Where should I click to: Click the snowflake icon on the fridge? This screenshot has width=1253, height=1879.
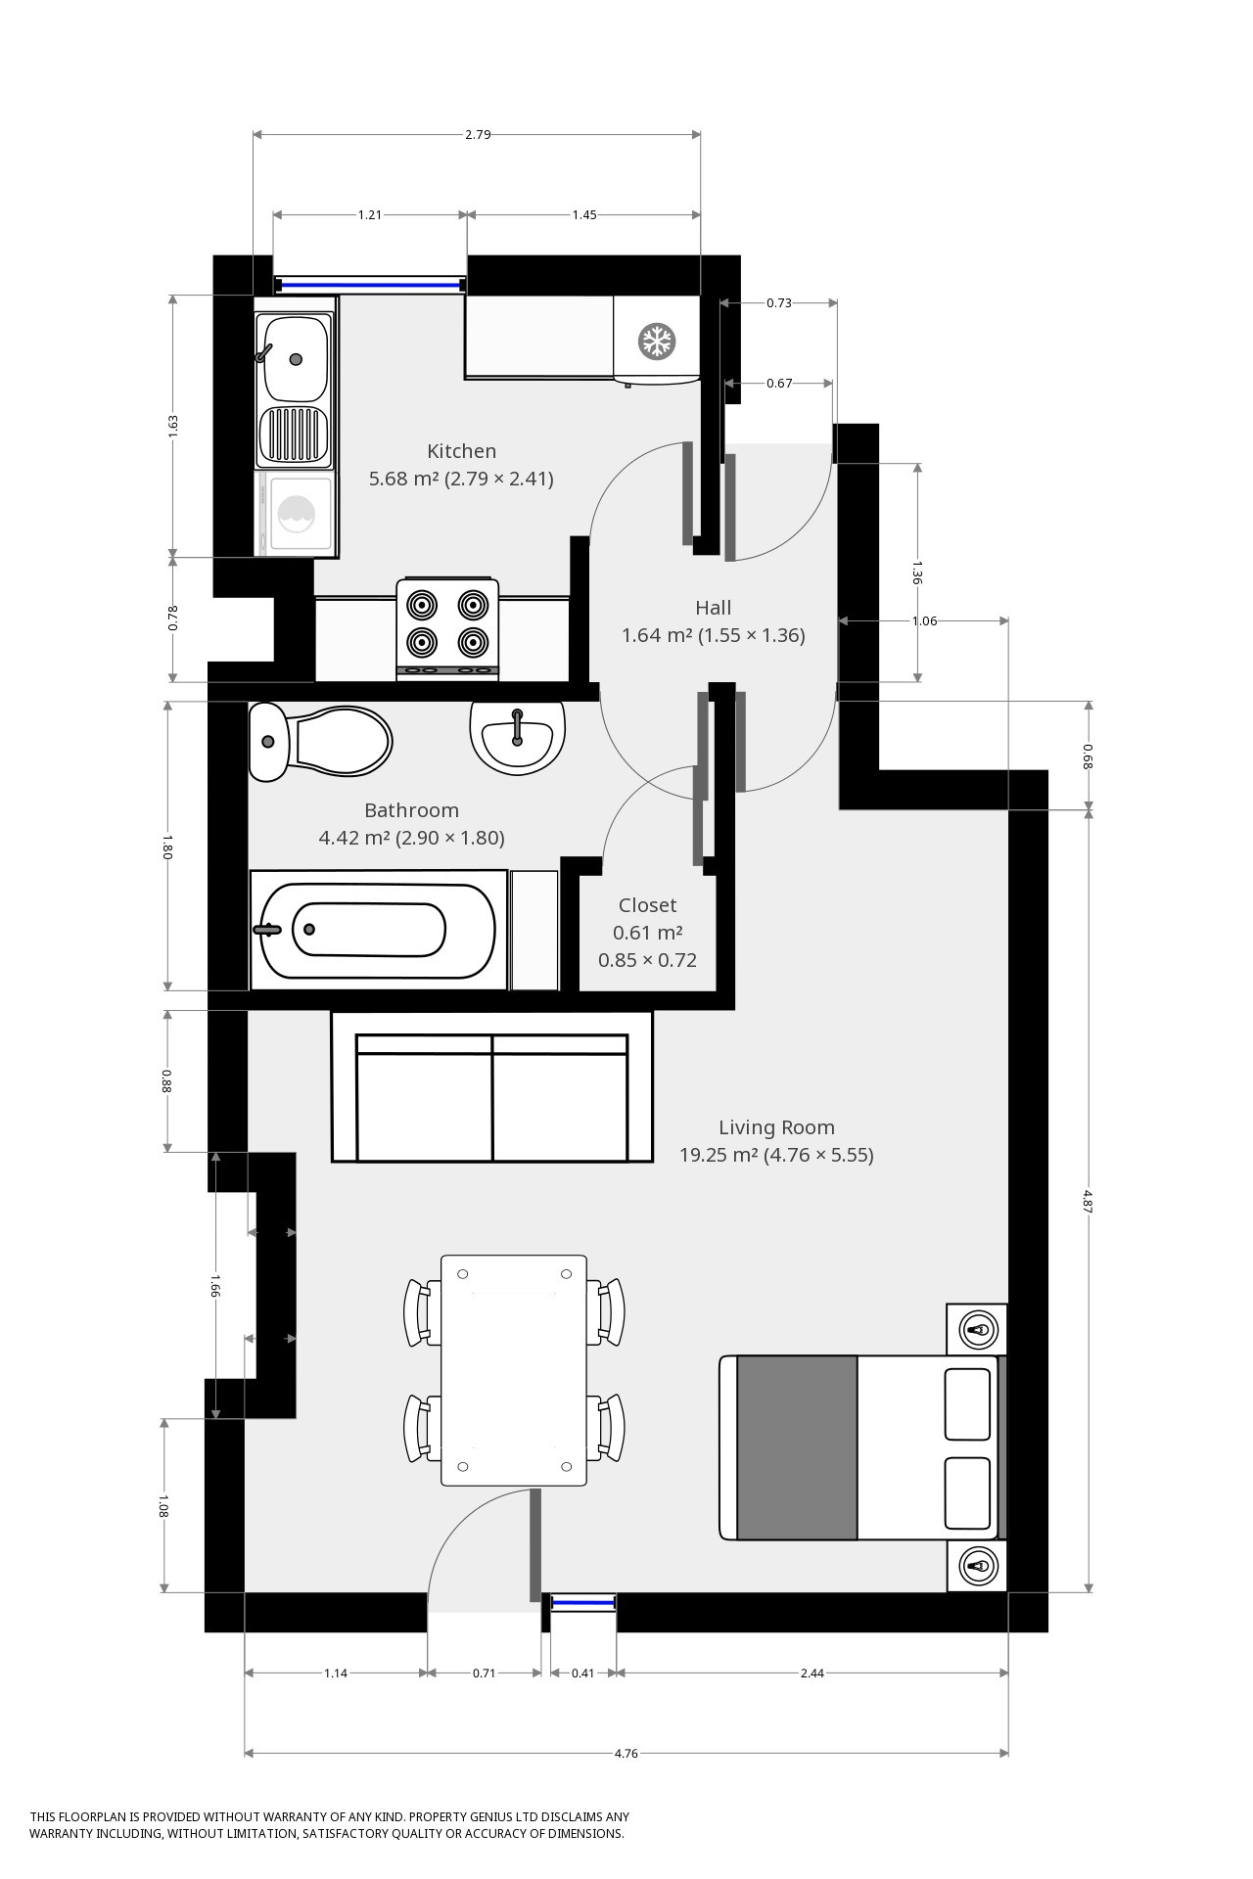tap(657, 342)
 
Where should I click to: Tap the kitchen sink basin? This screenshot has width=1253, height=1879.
tap(296, 358)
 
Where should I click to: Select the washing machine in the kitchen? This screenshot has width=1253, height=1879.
tap(296, 515)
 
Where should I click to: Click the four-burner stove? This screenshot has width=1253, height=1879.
tap(447, 629)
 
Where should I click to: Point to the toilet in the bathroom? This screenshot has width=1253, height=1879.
tap(320, 742)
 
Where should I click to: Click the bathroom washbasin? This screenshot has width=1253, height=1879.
tap(517, 736)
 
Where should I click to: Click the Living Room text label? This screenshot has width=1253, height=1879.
tap(776, 1127)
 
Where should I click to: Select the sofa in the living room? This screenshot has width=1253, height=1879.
tap(492, 1086)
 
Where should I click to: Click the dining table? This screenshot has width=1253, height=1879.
tap(514, 1370)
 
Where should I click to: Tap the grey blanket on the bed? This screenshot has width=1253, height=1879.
tap(797, 1447)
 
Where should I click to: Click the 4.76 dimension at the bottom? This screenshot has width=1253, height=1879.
tap(626, 1753)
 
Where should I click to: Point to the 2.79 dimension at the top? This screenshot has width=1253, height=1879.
tap(478, 134)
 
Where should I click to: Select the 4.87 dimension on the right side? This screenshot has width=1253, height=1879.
tap(1089, 1201)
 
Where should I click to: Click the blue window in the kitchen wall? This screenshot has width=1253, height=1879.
tap(369, 286)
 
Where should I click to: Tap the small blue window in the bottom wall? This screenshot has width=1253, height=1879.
tap(583, 1602)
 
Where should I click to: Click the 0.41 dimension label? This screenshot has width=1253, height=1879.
tap(583, 1673)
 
